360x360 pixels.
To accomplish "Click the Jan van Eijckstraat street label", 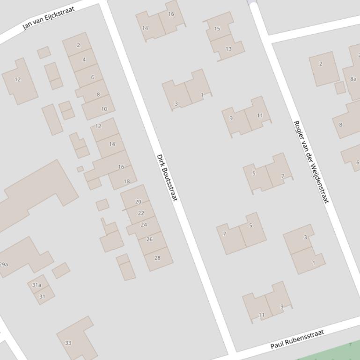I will (x=49, y=18).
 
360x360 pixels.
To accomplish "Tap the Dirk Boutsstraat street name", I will (x=167, y=178).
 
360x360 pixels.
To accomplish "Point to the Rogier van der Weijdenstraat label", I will (x=311, y=162).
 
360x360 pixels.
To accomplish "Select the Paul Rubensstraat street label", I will (x=297, y=340).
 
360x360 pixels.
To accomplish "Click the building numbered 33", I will (x=68, y=343).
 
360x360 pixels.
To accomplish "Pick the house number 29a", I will (x=4, y=264).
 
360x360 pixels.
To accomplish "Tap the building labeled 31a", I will (x=37, y=285).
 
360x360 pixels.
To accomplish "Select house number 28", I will (x=157, y=258).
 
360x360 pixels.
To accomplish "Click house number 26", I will (x=149, y=239).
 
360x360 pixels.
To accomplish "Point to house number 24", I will (x=144, y=224).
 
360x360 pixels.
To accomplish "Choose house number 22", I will (x=141, y=213).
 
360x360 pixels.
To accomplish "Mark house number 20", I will (x=138, y=202).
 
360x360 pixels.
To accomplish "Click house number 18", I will (x=127, y=181).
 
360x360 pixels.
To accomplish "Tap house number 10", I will (x=104, y=109).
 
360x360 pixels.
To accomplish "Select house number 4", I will (x=84, y=59).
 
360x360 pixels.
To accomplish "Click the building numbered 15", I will (x=217, y=29).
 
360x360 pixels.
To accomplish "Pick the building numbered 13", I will (x=228, y=49).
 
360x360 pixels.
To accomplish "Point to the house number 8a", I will (x=353, y=79).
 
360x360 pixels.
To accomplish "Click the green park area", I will (x=337, y=352).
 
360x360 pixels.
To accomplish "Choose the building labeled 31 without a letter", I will (x=42, y=296).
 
